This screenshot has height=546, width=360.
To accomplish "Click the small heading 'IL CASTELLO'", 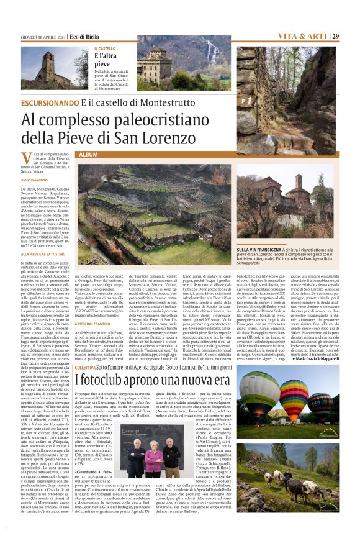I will tap(105, 48).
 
